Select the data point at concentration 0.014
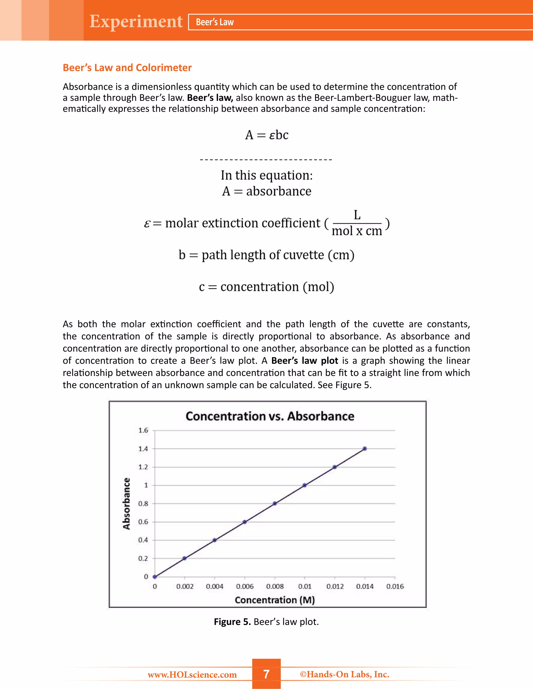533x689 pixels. (x=365, y=448)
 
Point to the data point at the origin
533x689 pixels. (x=155, y=577)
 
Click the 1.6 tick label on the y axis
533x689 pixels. (x=143, y=430)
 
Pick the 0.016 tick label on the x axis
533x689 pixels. (x=395, y=587)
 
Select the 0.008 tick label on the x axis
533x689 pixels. (x=275, y=587)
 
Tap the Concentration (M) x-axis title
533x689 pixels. (x=275, y=600)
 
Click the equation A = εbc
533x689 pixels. (x=266, y=135)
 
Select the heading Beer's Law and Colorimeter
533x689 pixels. (x=127, y=68)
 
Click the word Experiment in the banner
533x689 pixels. (x=136, y=22)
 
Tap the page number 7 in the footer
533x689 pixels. (x=266, y=674)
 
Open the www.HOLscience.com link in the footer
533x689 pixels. (x=192, y=674)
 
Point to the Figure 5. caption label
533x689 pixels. (x=232, y=622)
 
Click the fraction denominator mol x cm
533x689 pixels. (x=357, y=231)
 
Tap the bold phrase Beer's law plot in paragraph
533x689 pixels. (x=304, y=361)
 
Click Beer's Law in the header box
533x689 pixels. (x=215, y=22)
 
